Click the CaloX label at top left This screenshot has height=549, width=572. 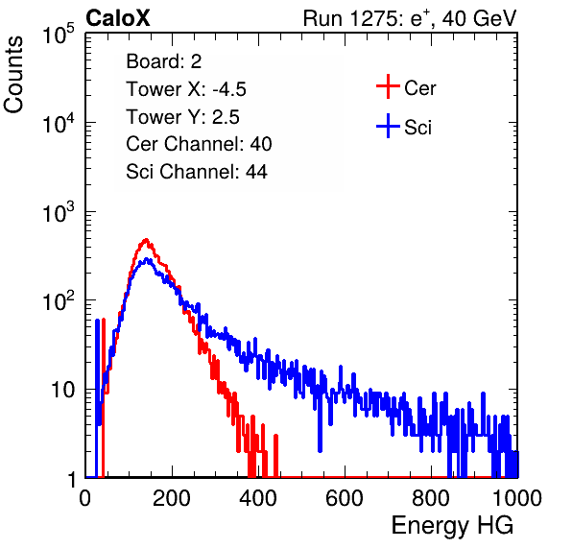(118, 18)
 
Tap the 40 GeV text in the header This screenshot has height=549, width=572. (479, 18)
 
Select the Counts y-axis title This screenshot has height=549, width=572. (13, 75)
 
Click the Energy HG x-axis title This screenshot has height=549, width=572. (452, 526)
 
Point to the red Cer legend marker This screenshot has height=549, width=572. (388, 86)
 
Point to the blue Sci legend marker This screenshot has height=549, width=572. (388, 127)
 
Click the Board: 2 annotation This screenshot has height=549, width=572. (164, 61)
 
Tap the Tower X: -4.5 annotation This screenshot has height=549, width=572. (186, 89)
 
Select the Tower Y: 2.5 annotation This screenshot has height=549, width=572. (182, 117)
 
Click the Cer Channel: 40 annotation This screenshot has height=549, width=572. (199, 144)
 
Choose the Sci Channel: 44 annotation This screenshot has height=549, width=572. (197, 172)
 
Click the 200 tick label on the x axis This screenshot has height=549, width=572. (172, 498)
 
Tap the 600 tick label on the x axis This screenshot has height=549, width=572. (345, 498)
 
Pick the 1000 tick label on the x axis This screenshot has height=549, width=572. (516, 498)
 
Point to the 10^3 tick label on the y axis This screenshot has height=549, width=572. (59, 212)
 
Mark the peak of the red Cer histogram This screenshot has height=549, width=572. (146, 240)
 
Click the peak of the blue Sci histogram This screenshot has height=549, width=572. (147, 259)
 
